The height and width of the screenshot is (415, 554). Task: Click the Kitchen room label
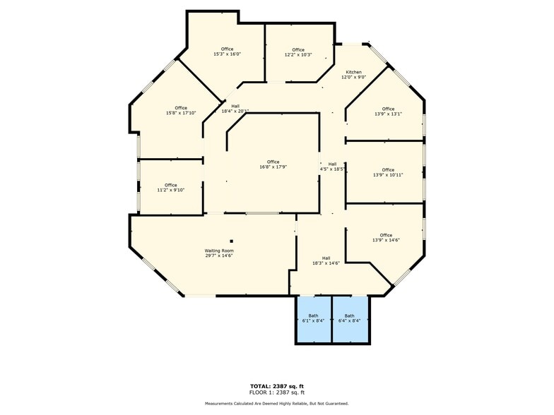click(x=353, y=73)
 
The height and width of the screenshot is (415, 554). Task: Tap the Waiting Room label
click(x=219, y=251)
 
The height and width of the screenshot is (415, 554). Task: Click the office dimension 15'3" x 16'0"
click(x=227, y=54)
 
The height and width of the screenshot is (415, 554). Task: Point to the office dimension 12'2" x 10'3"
click(x=298, y=54)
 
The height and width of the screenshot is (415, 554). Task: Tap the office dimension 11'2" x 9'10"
click(x=171, y=190)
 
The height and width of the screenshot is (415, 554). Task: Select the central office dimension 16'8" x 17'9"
click(x=273, y=167)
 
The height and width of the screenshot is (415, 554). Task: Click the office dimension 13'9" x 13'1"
click(x=388, y=114)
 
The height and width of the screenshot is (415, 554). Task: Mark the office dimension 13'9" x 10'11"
click(x=388, y=175)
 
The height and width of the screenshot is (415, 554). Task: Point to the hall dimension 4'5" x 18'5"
click(x=332, y=169)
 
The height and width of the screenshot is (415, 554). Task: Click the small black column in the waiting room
click(x=231, y=241)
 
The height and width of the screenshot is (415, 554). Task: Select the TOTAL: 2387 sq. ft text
click(x=277, y=385)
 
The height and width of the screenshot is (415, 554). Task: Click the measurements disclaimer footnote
click(x=277, y=403)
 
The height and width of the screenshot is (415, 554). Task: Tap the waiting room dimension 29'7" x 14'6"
click(x=219, y=255)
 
